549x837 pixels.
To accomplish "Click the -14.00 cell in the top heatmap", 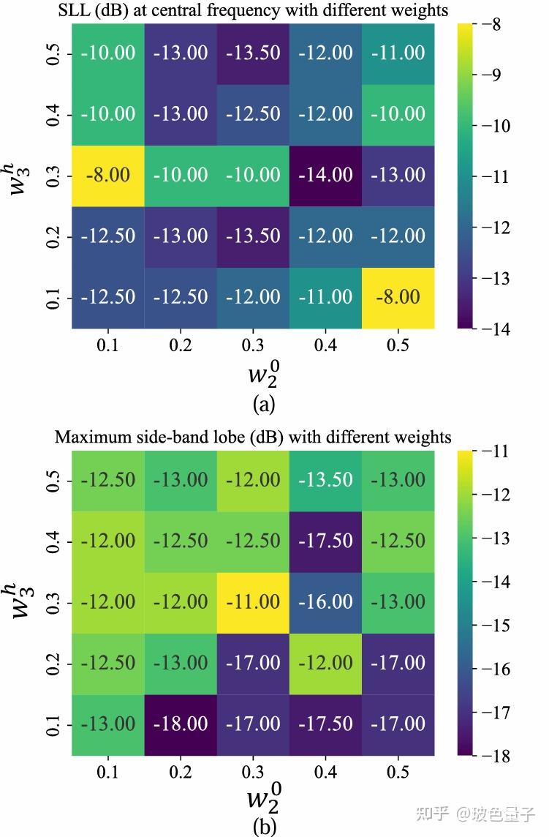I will click(325, 175).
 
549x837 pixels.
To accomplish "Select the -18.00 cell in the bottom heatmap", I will click(181, 724).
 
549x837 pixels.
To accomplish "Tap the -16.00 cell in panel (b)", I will click(325, 601).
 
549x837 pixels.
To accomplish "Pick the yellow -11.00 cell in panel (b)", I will click(253, 601).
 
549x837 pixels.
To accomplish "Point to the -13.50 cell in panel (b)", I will click(325, 480).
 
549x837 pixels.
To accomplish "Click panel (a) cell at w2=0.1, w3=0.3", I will click(108, 175).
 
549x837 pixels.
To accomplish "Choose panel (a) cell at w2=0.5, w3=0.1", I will click(398, 298).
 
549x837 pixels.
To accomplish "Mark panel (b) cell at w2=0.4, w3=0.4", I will click(325, 541).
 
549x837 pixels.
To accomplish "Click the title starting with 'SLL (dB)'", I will click(253, 10).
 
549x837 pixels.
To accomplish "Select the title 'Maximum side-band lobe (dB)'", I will click(253, 438).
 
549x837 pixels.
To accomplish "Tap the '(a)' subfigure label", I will click(264, 403).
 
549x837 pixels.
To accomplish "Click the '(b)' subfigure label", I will click(264, 827).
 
